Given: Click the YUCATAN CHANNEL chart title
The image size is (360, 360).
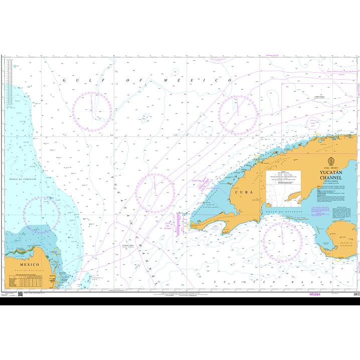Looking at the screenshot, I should [331, 175].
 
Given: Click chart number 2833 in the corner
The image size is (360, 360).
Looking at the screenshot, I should [356, 294].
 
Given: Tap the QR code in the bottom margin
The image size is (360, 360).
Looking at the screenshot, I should [21, 294].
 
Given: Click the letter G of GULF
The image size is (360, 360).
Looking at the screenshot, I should [65, 80].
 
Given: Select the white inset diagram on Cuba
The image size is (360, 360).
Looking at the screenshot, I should [283, 189].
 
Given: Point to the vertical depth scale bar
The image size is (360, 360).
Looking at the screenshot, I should [9, 83].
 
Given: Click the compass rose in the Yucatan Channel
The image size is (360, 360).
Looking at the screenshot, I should [155, 193].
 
